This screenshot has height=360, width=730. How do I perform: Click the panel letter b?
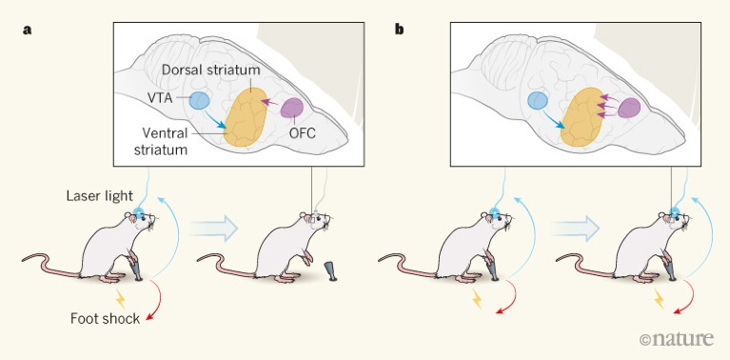pos(399,30)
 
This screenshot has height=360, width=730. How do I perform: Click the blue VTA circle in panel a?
pos(200,100)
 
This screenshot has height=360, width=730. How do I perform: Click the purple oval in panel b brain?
pos(628,109)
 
